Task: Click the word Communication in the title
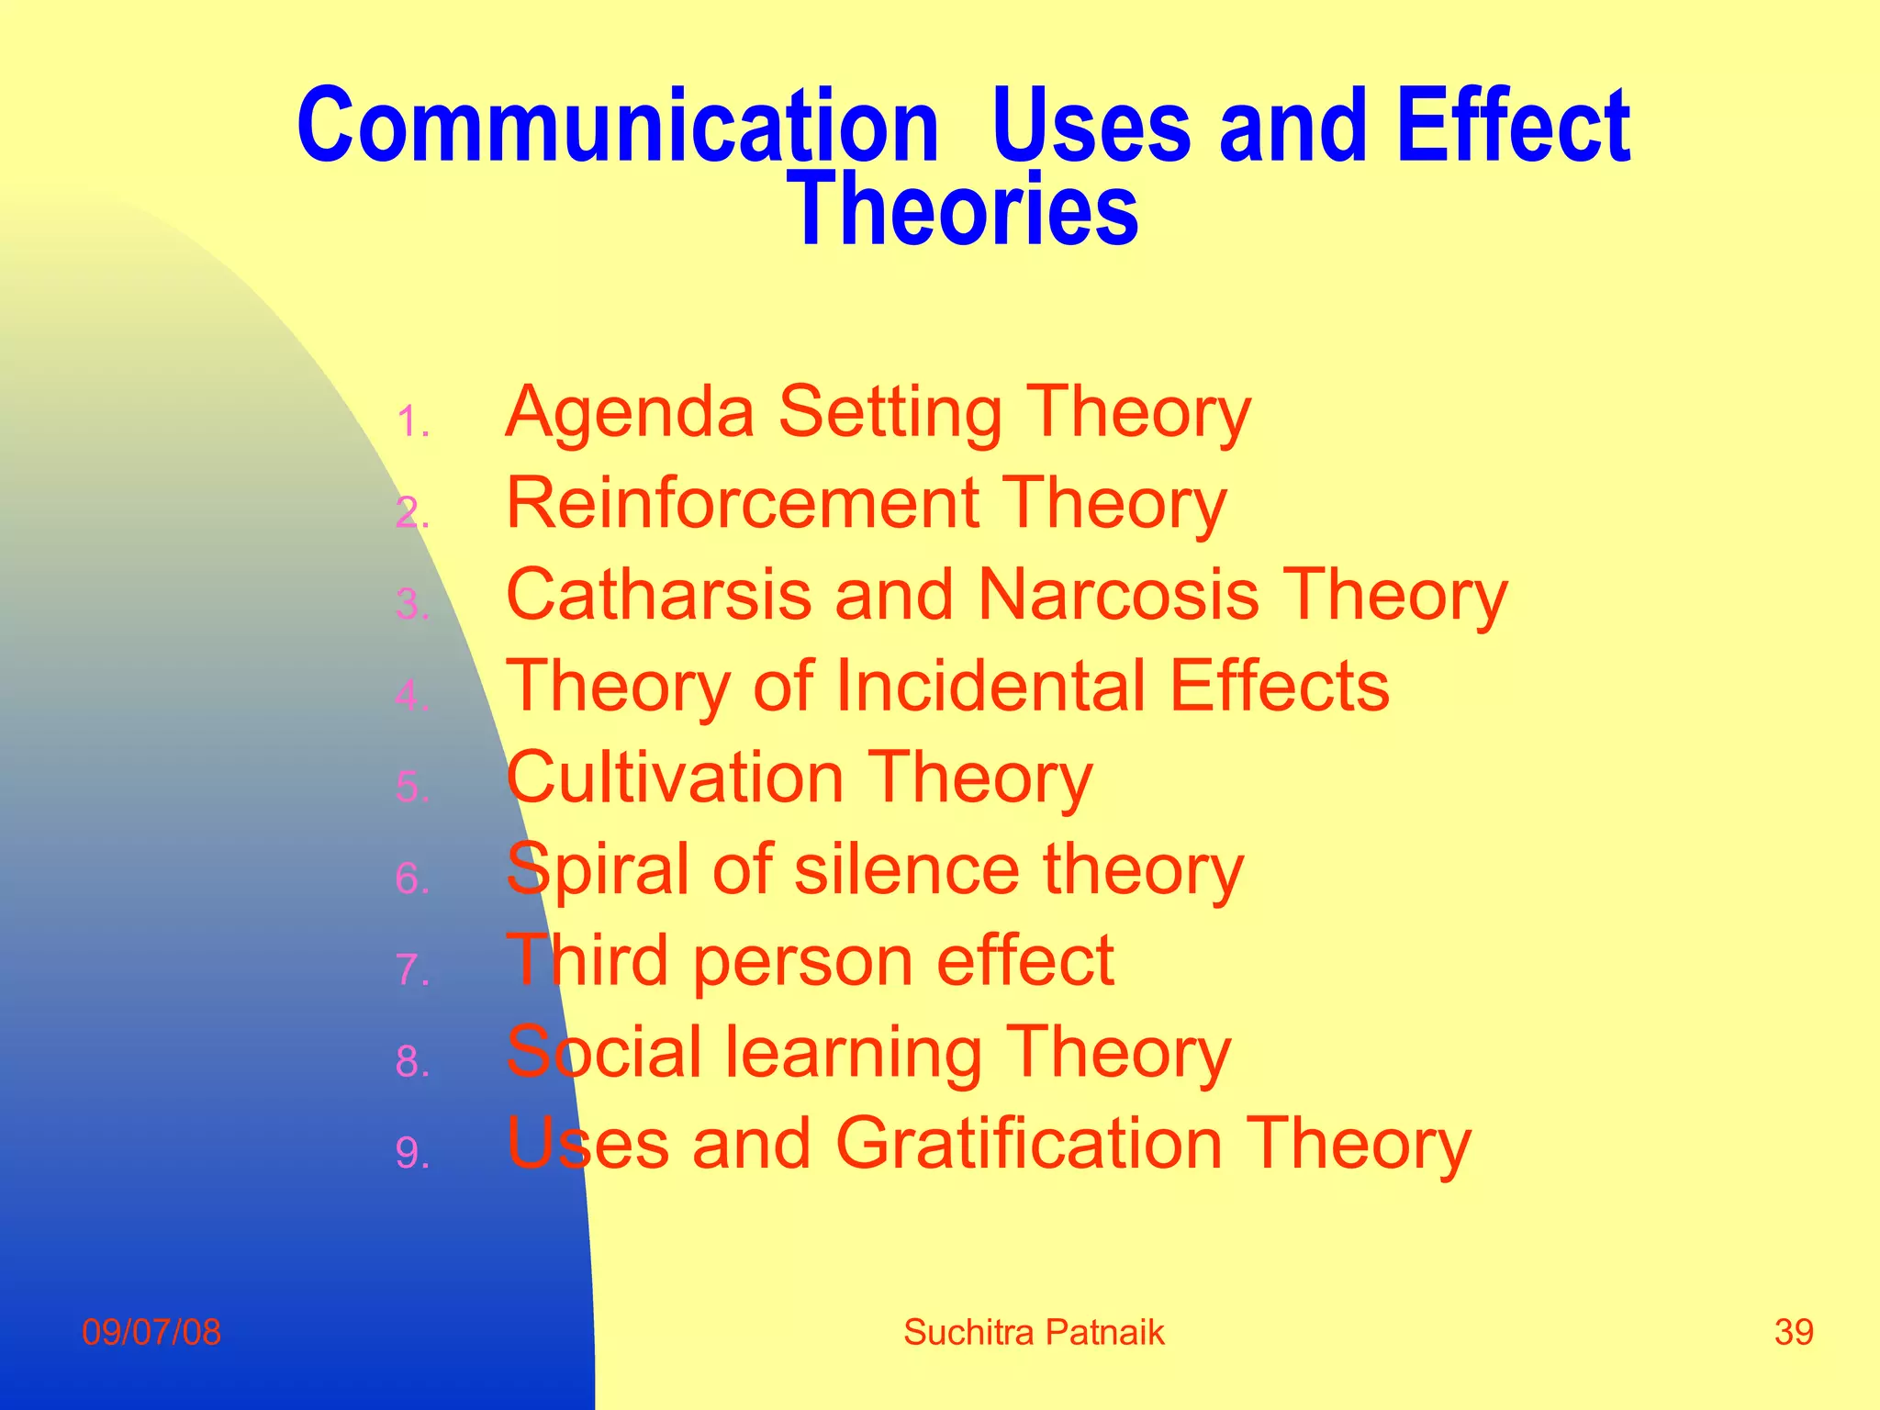coord(618,126)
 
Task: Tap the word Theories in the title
coord(963,210)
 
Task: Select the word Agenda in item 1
coord(630,412)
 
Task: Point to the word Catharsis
coord(659,595)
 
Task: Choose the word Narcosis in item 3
coord(1117,595)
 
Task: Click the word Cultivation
coord(675,778)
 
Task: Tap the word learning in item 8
coord(854,1053)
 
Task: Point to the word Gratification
coord(1029,1145)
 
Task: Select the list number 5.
coord(411,788)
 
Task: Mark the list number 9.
coord(411,1153)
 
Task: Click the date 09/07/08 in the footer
coord(151,1332)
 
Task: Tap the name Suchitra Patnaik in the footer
coord(1034,1332)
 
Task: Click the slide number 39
coord(1794,1332)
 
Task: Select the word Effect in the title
coord(1513,126)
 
